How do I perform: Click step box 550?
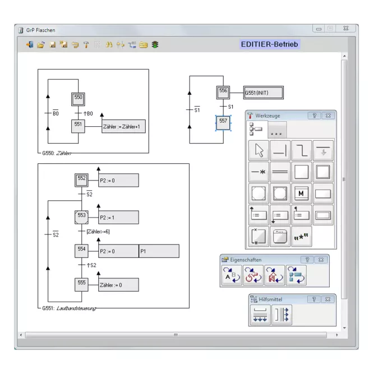coord(78,99)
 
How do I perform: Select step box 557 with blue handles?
coord(223,123)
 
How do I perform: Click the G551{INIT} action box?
coord(264,93)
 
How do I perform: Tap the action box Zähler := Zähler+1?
coord(123,126)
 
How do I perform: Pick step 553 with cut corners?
coord(81,217)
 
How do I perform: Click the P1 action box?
coord(159,251)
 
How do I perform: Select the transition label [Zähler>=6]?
coord(98,232)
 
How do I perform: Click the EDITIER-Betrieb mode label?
coord(270,44)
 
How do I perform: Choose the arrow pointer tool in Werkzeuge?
coord(259,150)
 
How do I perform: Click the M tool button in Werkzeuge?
coord(301,194)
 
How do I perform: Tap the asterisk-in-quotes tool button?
coord(301,237)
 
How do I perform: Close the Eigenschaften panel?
coord(321,260)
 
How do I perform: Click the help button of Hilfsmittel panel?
coord(314,300)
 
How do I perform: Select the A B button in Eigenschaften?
coord(232,275)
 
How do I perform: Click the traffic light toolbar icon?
coord(155,44)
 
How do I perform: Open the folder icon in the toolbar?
coord(41,44)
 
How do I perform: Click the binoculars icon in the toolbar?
coord(109,44)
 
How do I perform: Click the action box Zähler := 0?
coord(118,285)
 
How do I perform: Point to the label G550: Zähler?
coord(57,153)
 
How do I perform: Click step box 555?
coord(81,285)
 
